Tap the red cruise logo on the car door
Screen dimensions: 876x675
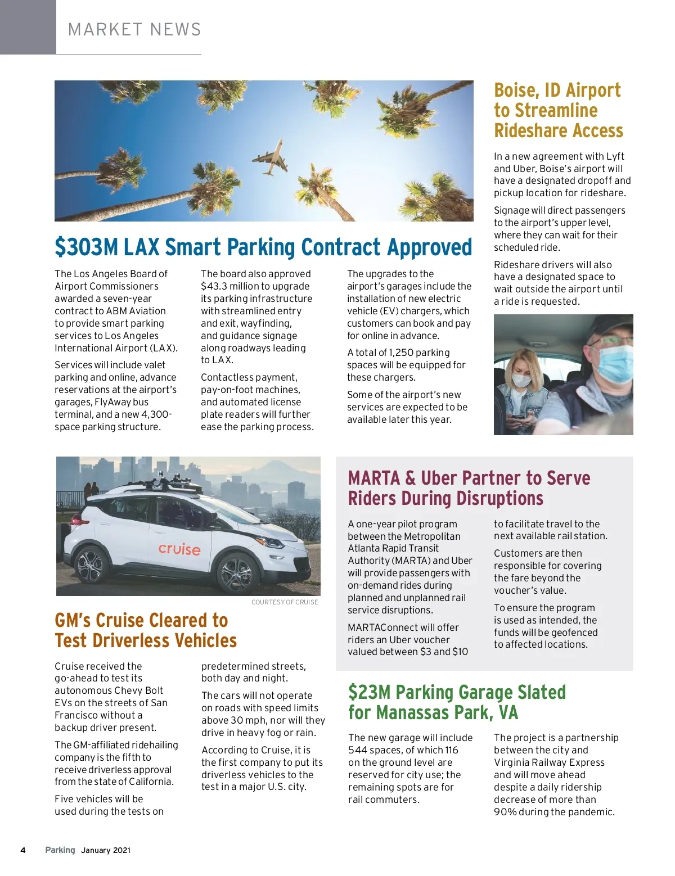coord(179,549)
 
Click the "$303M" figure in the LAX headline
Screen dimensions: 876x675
coord(87,247)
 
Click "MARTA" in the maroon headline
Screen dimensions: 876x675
coord(373,478)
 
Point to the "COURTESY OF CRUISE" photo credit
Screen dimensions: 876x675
coord(285,602)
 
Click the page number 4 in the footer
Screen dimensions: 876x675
coord(23,850)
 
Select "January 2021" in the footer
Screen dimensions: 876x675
coord(106,850)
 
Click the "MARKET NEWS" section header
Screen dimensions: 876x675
coord(134,29)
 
